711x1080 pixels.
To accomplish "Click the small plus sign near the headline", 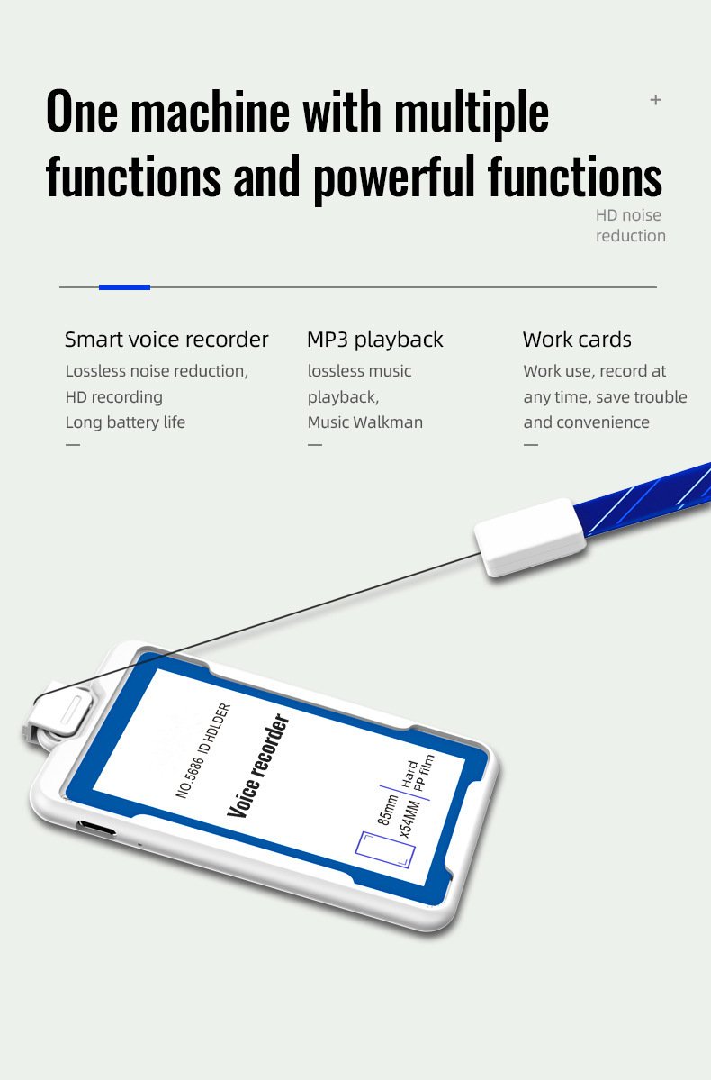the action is [655, 100].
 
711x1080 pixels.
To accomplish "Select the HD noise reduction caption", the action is [631, 225].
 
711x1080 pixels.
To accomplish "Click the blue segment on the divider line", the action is [124, 287].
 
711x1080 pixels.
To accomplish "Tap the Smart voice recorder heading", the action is [166, 340].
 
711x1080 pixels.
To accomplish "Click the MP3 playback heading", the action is [375, 340].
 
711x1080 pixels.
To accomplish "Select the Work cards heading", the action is [577, 340].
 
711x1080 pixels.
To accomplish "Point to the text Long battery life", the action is [125, 422].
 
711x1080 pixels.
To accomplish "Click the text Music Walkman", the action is [364, 422].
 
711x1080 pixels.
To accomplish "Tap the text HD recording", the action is [113, 396].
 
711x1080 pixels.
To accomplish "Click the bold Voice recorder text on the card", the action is [258, 766].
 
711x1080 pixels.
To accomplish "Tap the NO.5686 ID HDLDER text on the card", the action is [203, 750].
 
